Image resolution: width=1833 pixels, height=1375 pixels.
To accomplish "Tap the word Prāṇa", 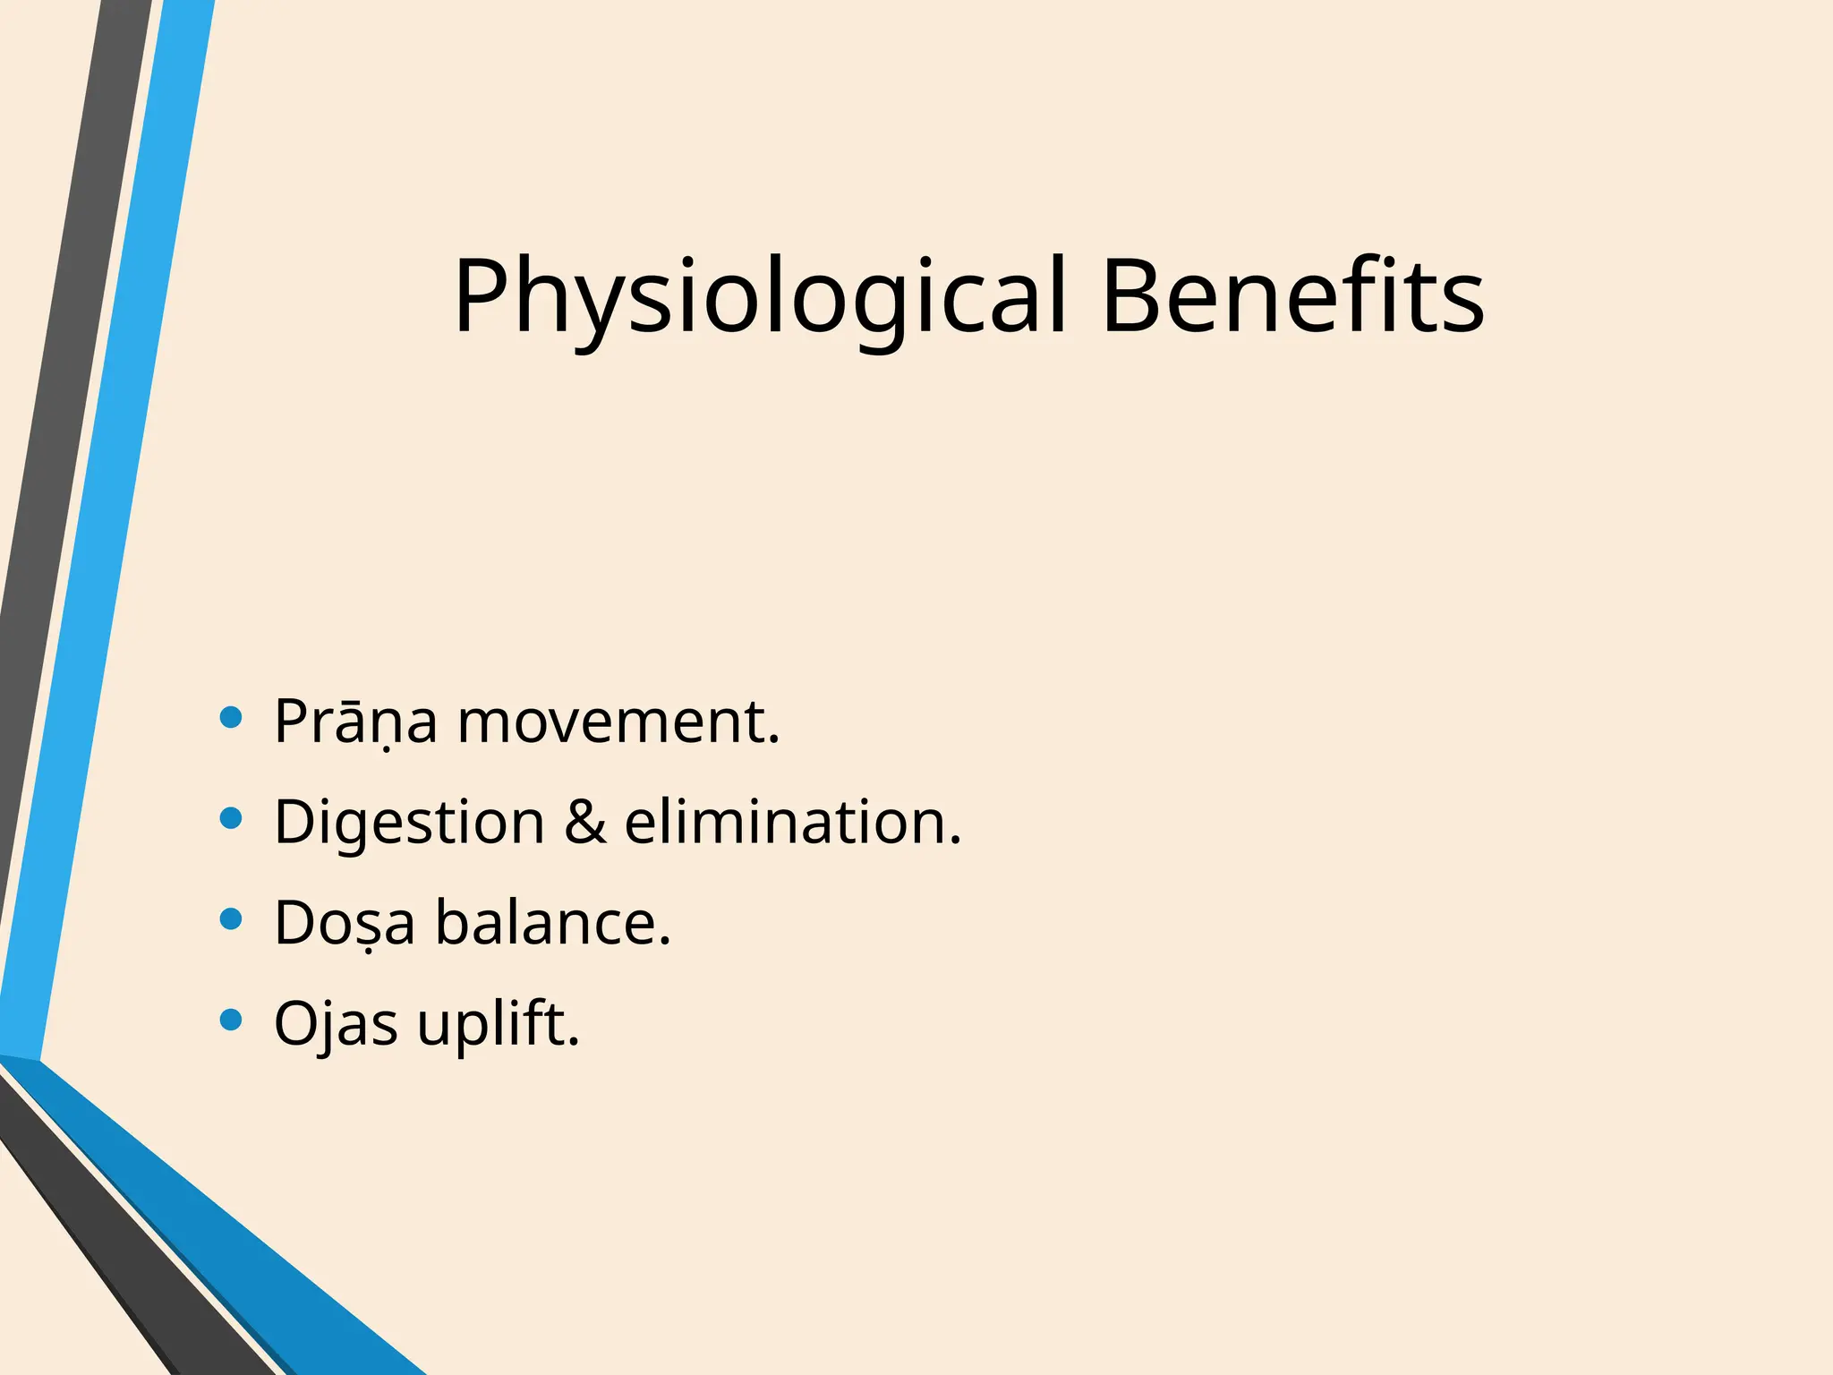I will [x=355, y=722].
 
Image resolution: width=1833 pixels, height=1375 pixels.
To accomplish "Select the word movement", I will [x=618, y=722].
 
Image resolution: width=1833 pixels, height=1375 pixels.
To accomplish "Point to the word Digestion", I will [x=409, y=823].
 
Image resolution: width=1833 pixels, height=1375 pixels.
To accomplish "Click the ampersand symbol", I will [x=584, y=822].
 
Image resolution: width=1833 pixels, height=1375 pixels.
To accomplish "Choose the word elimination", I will [x=791, y=822].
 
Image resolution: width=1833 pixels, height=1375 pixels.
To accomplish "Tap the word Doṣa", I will [x=345, y=923].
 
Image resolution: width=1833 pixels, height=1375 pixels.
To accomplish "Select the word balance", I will [x=552, y=923].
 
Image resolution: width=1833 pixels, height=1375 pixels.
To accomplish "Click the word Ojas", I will [x=336, y=1023].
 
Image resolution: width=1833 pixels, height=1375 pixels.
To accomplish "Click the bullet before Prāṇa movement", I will [x=231, y=717].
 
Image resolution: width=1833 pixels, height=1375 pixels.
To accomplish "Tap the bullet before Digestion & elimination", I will [x=231, y=818].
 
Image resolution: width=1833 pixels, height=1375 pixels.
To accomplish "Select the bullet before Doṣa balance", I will [x=231, y=919].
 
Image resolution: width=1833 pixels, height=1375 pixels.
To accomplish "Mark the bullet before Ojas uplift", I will [x=231, y=1020].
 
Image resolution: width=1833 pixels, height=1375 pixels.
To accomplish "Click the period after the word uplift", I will [x=574, y=1041].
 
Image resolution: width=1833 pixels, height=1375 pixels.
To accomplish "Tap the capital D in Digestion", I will [x=294, y=822].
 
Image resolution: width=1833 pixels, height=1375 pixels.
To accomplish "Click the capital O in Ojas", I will [x=297, y=1023].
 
